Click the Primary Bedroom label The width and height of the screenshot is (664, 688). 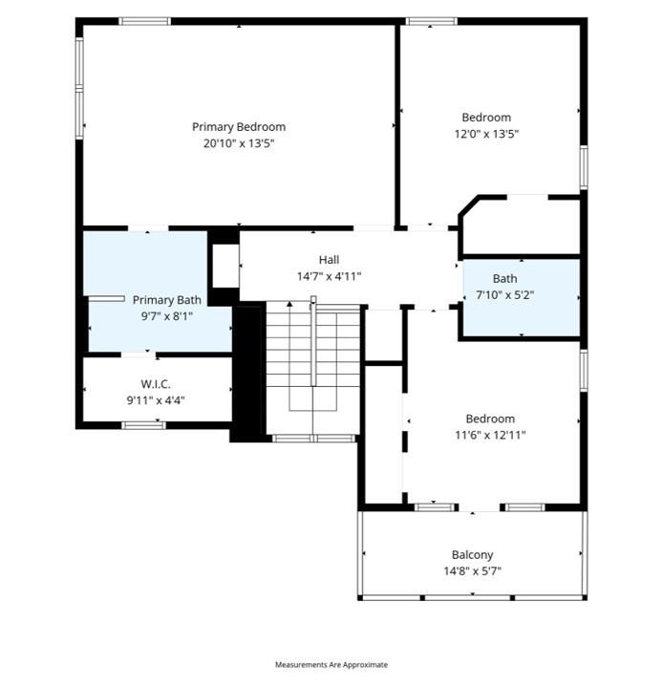tap(238, 126)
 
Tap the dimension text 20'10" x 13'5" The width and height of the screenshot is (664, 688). tap(238, 143)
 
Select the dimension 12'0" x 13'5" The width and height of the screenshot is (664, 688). tap(486, 135)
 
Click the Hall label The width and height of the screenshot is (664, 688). tap(329, 259)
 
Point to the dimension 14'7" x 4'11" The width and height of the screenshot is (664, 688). tap(329, 276)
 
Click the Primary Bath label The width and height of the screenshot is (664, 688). tap(166, 300)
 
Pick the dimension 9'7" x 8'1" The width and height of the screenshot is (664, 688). tap(166, 316)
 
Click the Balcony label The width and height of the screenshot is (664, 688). tap(472, 554)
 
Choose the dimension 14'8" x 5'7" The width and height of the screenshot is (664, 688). tap(472, 571)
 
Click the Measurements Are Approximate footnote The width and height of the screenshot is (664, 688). tap(332, 664)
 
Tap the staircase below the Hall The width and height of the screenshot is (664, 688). tap(312, 368)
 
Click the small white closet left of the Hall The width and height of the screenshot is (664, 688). tap(225, 266)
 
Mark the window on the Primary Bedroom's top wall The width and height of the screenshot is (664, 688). tap(145, 21)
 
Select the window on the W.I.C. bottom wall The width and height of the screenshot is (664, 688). tap(144, 424)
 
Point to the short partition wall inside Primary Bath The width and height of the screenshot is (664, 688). tap(106, 298)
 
